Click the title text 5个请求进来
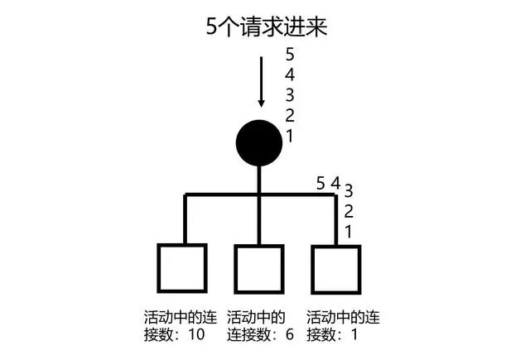(267, 26)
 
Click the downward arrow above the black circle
(262, 82)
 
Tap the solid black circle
(259, 142)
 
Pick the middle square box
(259, 267)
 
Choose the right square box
(336, 267)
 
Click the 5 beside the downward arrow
(290, 55)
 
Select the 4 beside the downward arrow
(290, 75)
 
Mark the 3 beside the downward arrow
(290, 95)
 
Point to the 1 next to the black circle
(290, 136)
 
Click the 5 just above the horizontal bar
(321, 183)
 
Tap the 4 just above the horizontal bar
(335, 183)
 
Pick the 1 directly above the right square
(349, 231)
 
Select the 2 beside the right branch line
(349, 211)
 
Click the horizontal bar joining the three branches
(224, 195)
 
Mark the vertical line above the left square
(185, 219)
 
